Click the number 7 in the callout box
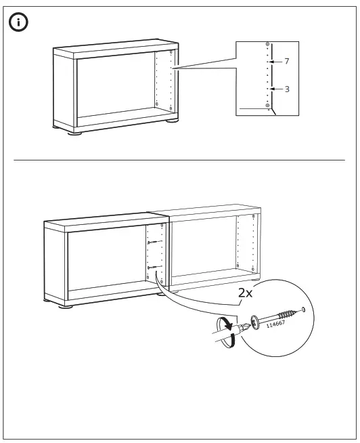(287, 62)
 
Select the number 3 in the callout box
(287, 89)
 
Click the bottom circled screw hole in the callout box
(268, 106)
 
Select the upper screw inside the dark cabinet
(153, 243)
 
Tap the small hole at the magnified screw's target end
(302, 310)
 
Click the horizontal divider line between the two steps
(180, 161)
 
